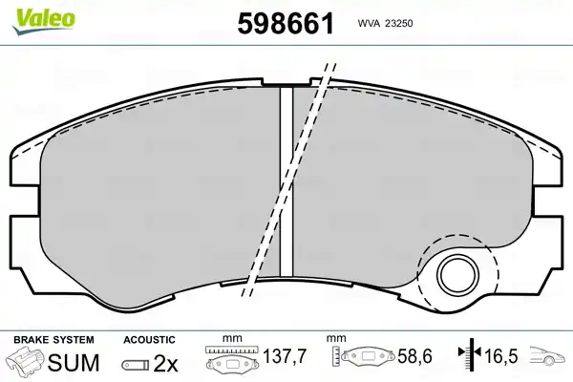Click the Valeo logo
[44, 21]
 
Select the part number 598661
[286, 23]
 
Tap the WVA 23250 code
[385, 24]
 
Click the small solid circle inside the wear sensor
[457, 274]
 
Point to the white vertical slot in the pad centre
[286, 181]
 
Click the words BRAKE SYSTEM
[53, 340]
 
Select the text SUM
[74, 363]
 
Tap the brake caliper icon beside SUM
[27, 361]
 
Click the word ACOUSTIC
[149, 340]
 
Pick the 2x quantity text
[166, 363]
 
